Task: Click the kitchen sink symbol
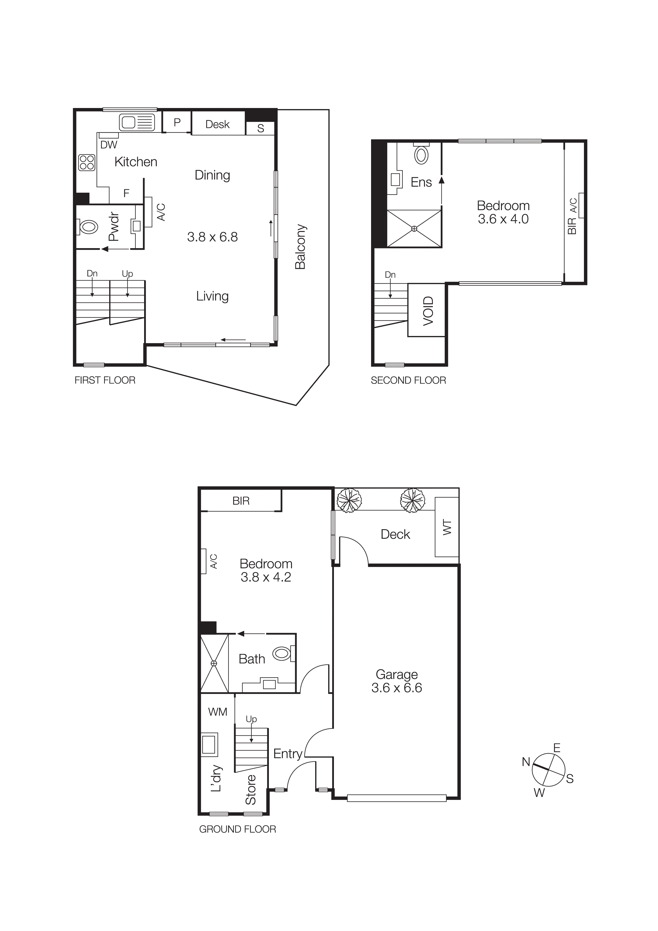pos(137,122)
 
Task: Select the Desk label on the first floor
pos(217,124)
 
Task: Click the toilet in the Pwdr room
pos(88,227)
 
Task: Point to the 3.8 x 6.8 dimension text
pos(212,237)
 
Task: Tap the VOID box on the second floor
pos(427,310)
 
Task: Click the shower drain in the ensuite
pos(414,229)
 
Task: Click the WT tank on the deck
pos(447,527)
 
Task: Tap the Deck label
pos(395,535)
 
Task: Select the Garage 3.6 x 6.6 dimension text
pos(397,688)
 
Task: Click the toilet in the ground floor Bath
pos(282,654)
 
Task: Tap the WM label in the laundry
pos(217,712)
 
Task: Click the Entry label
pos(287,753)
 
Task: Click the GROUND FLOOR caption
pos(237,829)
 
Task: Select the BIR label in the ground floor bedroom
pos(241,501)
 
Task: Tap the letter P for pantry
pos(177,122)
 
